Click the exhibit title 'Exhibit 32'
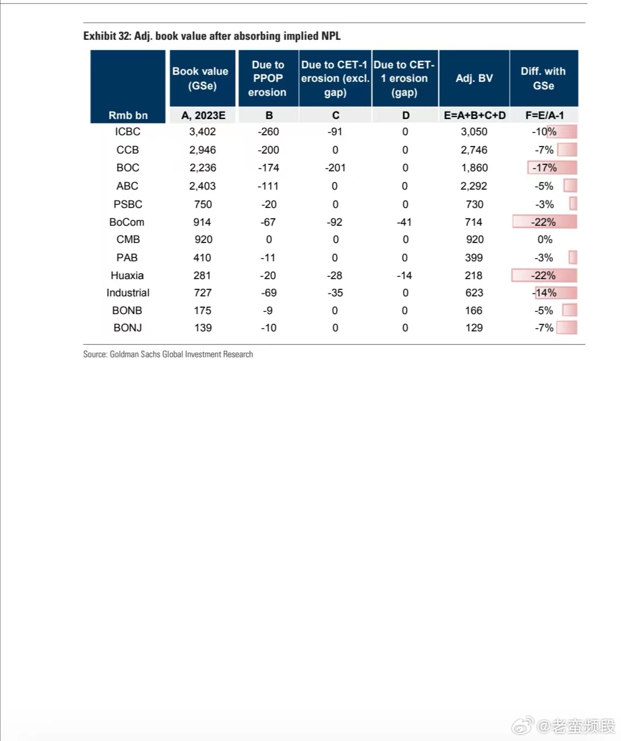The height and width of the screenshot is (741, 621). point(212,36)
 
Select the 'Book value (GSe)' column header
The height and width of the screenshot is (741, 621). point(201,78)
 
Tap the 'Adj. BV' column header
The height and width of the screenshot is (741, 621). point(474,78)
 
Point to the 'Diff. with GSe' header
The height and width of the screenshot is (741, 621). point(543,78)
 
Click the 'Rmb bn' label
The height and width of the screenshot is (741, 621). point(128,115)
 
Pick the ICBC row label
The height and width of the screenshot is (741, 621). point(128,131)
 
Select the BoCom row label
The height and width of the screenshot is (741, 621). point(127,222)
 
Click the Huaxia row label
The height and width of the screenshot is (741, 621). point(127,275)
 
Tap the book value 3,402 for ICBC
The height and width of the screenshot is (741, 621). point(203,131)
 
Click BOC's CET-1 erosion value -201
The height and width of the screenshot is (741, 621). point(335,168)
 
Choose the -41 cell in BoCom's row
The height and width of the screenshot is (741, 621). point(404,222)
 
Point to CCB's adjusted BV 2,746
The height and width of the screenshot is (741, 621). point(474,150)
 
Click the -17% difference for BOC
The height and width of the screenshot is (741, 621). point(544,168)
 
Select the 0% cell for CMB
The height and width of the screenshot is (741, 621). point(545,239)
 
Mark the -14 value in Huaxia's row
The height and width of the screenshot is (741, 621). point(404,275)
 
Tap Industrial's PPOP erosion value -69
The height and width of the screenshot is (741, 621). point(268,293)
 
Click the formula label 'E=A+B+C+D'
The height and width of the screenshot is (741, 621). point(475,115)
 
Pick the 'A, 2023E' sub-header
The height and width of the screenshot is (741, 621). point(203,115)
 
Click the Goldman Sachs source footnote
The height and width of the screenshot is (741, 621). point(168,354)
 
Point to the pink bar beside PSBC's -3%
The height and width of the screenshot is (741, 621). point(574,204)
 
